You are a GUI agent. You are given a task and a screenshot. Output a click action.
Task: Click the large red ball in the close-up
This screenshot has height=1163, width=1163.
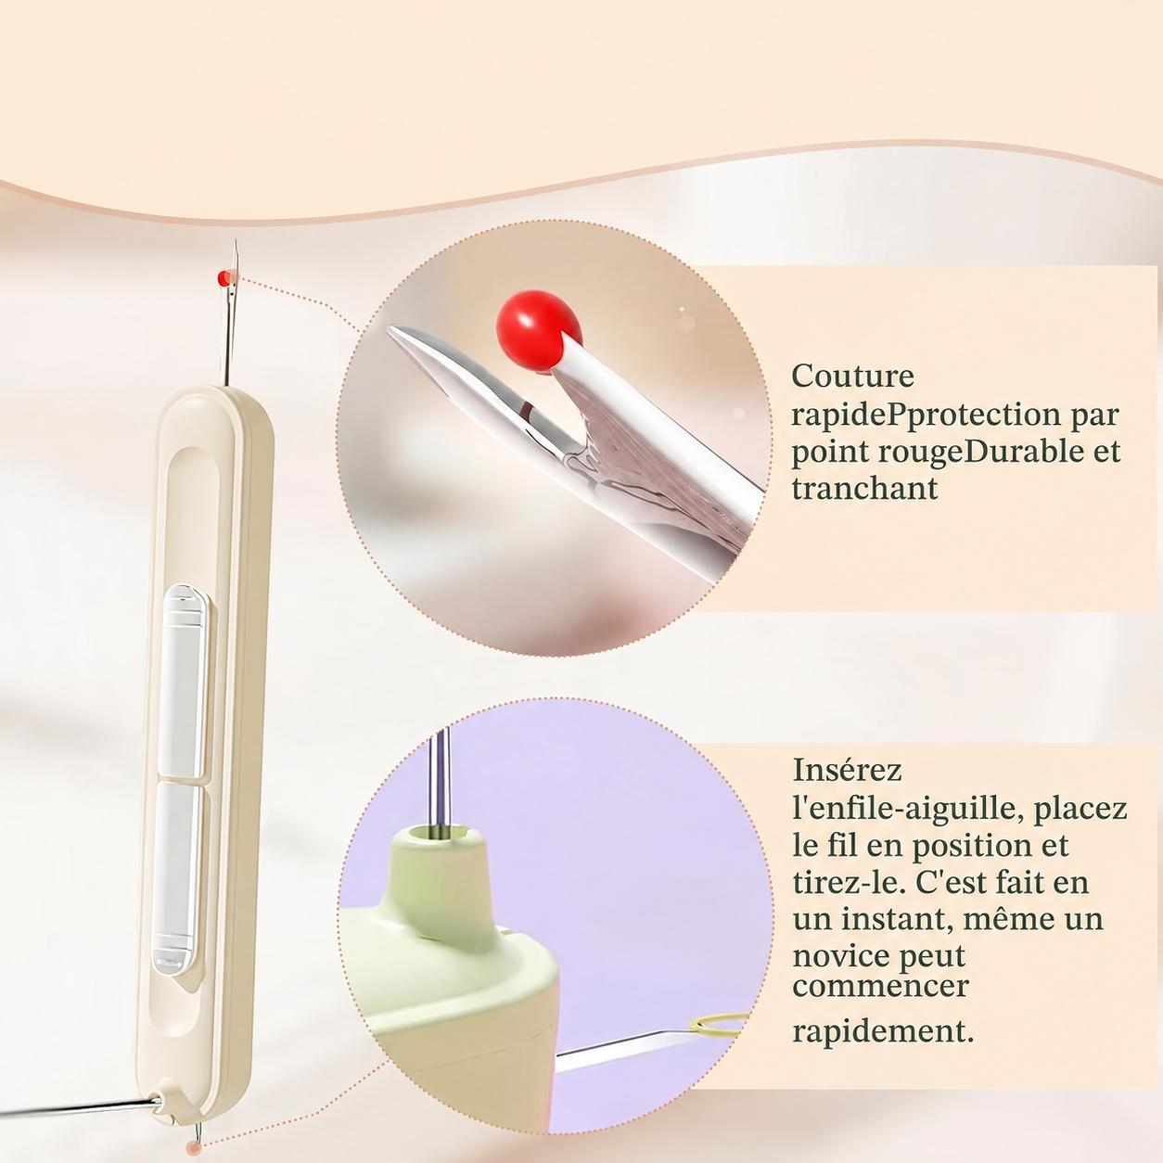pyautogui.click(x=537, y=331)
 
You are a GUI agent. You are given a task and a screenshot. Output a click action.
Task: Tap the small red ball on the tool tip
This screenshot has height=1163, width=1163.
pyautogui.click(x=224, y=278)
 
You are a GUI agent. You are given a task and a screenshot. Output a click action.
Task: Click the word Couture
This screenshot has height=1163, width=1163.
pyautogui.click(x=852, y=377)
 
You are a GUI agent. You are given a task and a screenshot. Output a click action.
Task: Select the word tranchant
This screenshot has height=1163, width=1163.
pyautogui.click(x=864, y=488)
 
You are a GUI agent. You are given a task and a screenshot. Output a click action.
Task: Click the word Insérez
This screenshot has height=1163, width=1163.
pyautogui.click(x=847, y=770)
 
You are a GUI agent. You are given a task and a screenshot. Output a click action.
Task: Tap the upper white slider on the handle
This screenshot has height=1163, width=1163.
pyautogui.click(x=184, y=680)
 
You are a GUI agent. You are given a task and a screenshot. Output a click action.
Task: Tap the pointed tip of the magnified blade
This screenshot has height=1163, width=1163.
pyautogui.click(x=390, y=329)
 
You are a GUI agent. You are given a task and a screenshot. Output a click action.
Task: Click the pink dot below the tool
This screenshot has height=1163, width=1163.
pyautogui.click(x=194, y=1148)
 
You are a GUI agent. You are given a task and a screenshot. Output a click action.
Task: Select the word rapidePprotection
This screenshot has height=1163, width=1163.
pyautogui.click(x=925, y=415)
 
